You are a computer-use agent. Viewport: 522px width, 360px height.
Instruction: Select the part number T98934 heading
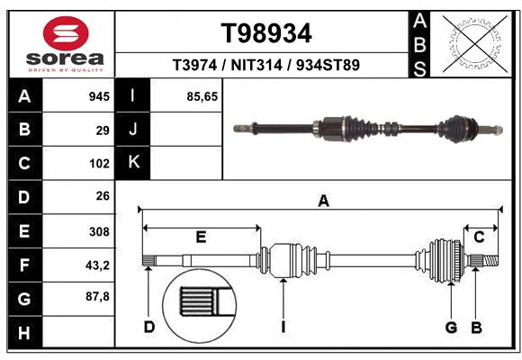tap(266, 33)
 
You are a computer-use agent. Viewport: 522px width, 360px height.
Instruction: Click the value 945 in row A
tap(99, 96)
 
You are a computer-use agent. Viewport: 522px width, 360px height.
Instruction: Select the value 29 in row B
tap(103, 130)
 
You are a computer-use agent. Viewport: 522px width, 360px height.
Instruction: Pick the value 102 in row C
tap(99, 164)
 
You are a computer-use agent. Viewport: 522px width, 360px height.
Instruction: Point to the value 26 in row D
tap(103, 196)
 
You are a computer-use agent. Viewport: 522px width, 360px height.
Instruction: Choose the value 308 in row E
tap(99, 231)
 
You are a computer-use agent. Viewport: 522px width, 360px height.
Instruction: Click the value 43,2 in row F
tap(97, 265)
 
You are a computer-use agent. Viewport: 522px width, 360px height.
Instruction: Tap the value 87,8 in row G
tap(97, 296)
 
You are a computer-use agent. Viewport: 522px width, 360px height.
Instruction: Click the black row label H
tap(23, 333)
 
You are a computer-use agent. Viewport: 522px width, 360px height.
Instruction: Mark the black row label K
tap(133, 163)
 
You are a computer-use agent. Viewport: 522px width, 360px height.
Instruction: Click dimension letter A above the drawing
tap(323, 202)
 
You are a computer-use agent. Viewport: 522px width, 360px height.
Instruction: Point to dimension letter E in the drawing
tap(201, 238)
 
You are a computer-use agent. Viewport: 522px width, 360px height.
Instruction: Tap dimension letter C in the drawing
tap(479, 238)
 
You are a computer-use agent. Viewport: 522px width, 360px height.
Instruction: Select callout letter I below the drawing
tap(283, 327)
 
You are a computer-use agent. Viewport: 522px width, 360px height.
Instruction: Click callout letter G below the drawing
tap(452, 327)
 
